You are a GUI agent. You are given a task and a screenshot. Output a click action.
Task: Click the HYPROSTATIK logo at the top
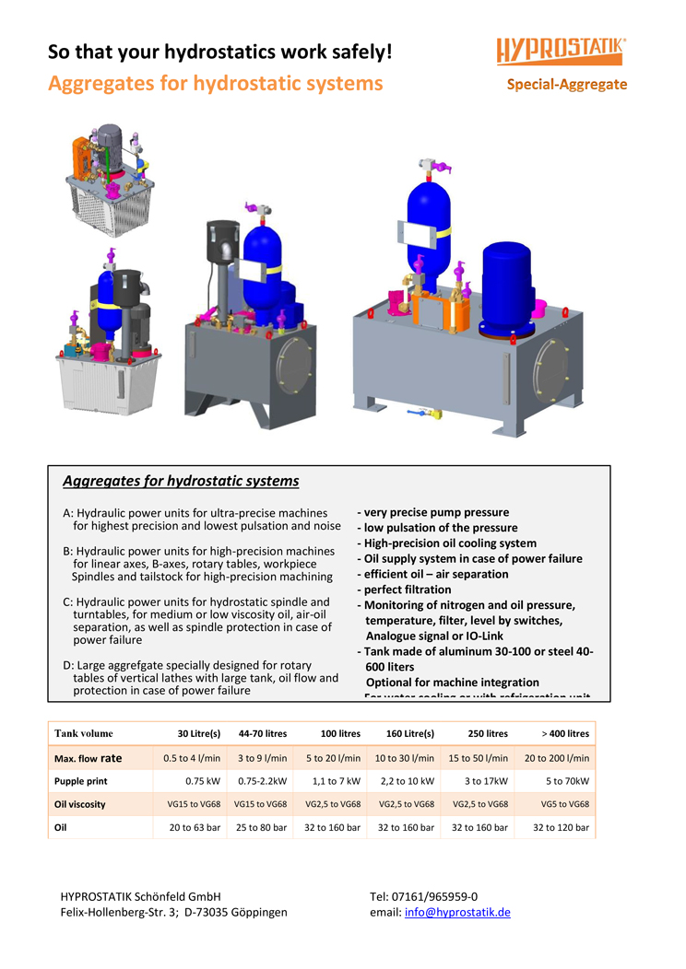pos(562,50)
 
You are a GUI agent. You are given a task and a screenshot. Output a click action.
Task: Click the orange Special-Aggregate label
pos(566,85)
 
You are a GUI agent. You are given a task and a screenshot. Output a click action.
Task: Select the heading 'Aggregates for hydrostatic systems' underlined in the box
pos(181,481)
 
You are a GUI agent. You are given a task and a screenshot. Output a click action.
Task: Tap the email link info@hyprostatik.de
pos(457,912)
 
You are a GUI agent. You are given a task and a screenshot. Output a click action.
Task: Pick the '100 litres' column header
pos(340,733)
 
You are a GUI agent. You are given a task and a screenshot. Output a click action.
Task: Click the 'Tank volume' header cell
pos(84,733)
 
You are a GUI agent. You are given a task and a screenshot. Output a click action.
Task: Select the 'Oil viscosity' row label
pos(80,804)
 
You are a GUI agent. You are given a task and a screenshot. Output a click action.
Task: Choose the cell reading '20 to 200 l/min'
pos(557,758)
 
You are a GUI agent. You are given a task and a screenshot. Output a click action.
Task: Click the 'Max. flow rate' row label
pos(88,758)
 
